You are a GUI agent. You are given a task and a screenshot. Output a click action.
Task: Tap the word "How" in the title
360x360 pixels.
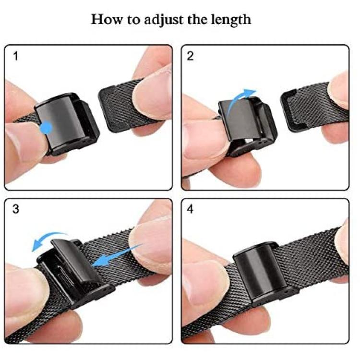[107, 19]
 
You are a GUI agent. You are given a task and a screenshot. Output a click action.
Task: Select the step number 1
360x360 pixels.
[16, 56]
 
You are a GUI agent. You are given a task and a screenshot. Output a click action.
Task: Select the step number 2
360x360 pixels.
[191, 56]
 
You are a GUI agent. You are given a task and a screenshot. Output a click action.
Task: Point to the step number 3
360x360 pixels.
[16, 209]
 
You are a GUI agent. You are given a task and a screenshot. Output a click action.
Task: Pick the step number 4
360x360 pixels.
[191, 209]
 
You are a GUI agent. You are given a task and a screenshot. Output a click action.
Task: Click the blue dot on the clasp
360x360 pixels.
[46, 128]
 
